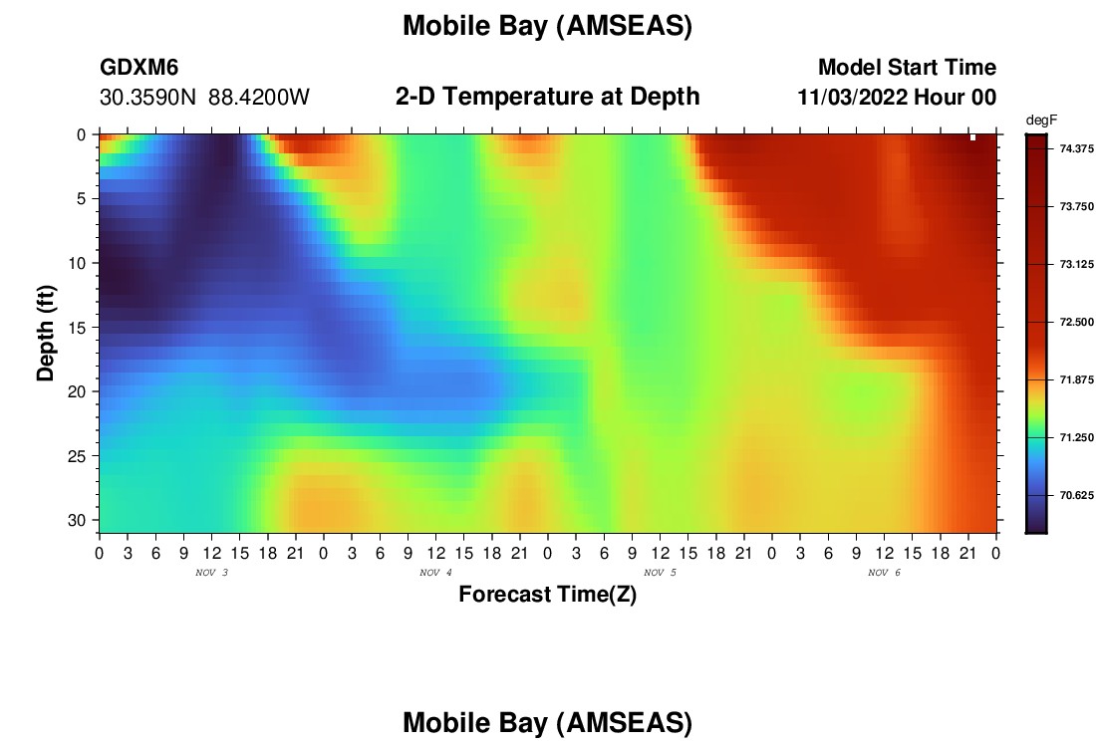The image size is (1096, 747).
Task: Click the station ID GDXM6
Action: click(139, 67)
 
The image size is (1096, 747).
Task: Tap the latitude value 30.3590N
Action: click(148, 98)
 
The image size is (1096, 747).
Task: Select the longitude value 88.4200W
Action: click(259, 98)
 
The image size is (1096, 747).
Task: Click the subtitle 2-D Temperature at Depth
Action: click(547, 97)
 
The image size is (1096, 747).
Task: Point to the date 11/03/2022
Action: click(853, 98)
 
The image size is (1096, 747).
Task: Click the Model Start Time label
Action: click(908, 67)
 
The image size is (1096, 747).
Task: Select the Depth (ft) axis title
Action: click(46, 334)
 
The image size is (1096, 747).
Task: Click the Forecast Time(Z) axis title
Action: click(547, 594)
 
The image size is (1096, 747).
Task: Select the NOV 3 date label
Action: click(212, 573)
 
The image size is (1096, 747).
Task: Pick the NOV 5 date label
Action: click(660, 573)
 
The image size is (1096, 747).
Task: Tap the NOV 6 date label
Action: click(884, 573)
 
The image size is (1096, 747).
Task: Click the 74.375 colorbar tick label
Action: click(1076, 148)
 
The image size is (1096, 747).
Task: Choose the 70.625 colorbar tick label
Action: click(1076, 495)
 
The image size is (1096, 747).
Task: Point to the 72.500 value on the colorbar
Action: click(1076, 322)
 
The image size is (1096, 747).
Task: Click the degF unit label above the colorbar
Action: click(1041, 121)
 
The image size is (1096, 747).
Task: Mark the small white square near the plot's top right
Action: click(973, 137)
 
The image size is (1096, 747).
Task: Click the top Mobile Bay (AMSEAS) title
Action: click(547, 27)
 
